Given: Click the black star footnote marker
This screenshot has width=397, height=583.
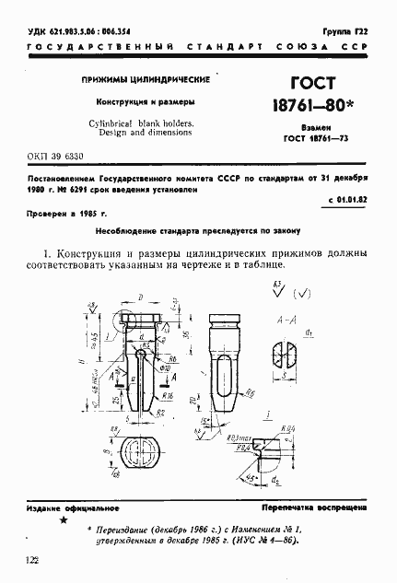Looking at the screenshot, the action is click(63, 521).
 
